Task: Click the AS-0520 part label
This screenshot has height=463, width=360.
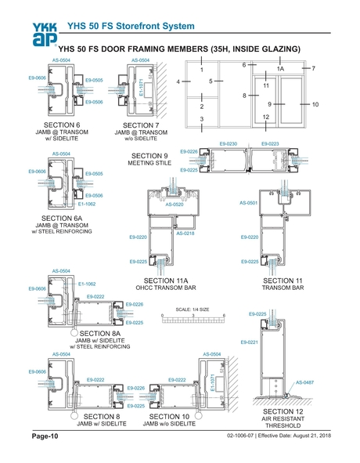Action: [173, 204]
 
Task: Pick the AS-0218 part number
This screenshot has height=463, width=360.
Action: [185, 233]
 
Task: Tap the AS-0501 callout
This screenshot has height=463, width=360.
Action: [247, 202]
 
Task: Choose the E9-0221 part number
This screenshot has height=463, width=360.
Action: [247, 342]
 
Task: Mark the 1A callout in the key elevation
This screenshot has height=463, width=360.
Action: [280, 70]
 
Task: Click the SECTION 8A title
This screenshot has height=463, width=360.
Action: [99, 333]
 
